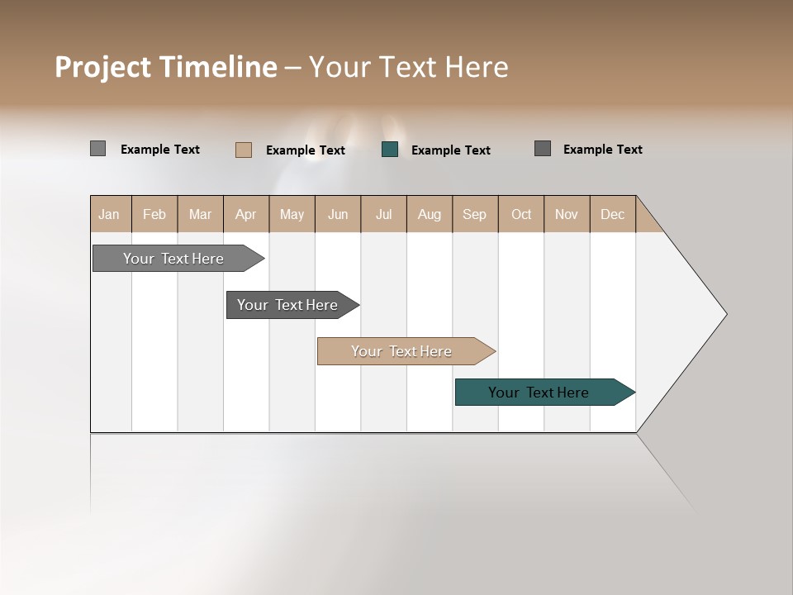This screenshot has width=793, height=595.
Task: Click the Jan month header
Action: pyautogui.click(x=110, y=214)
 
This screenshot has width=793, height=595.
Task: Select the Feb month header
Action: pyautogui.click(x=154, y=214)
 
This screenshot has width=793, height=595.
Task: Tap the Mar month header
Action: pyautogui.click(x=200, y=214)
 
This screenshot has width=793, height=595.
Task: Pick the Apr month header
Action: pyautogui.click(x=246, y=214)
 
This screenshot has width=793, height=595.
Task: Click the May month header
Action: pyautogui.click(x=292, y=214)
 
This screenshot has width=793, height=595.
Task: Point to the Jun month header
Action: pyautogui.click(x=338, y=214)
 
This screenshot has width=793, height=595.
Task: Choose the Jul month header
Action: pyautogui.click(x=383, y=214)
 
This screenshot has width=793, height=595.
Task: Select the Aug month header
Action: pyautogui.click(x=430, y=214)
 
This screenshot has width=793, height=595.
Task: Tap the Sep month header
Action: pyautogui.click(x=475, y=214)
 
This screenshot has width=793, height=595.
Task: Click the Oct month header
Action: pyautogui.click(x=521, y=214)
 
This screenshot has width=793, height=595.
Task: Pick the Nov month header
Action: pyautogui.click(x=567, y=214)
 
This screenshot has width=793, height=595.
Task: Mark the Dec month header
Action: pyautogui.click(x=613, y=214)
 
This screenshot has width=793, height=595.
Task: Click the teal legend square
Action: pyautogui.click(x=390, y=150)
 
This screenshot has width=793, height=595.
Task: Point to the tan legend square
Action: pyautogui.click(x=244, y=150)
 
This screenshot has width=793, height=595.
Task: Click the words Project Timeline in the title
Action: pyautogui.click(x=166, y=67)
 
